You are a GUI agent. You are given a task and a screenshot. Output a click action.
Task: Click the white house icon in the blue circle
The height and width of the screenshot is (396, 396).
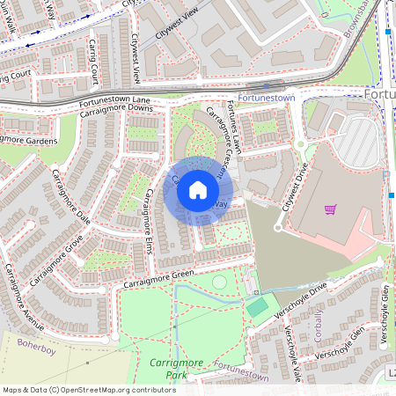(198, 189)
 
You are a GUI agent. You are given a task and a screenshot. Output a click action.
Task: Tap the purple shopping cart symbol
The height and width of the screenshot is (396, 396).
(330, 209)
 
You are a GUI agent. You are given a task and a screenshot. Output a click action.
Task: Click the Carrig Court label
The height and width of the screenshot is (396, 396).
(18, 76)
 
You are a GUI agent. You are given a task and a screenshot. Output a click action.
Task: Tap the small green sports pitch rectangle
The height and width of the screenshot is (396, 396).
(256, 307)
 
